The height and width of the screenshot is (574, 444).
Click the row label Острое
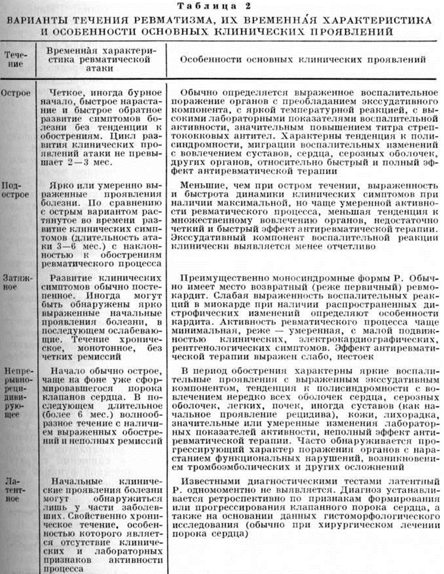coord(16,93)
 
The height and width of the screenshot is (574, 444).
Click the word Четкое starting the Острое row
coord(70,93)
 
